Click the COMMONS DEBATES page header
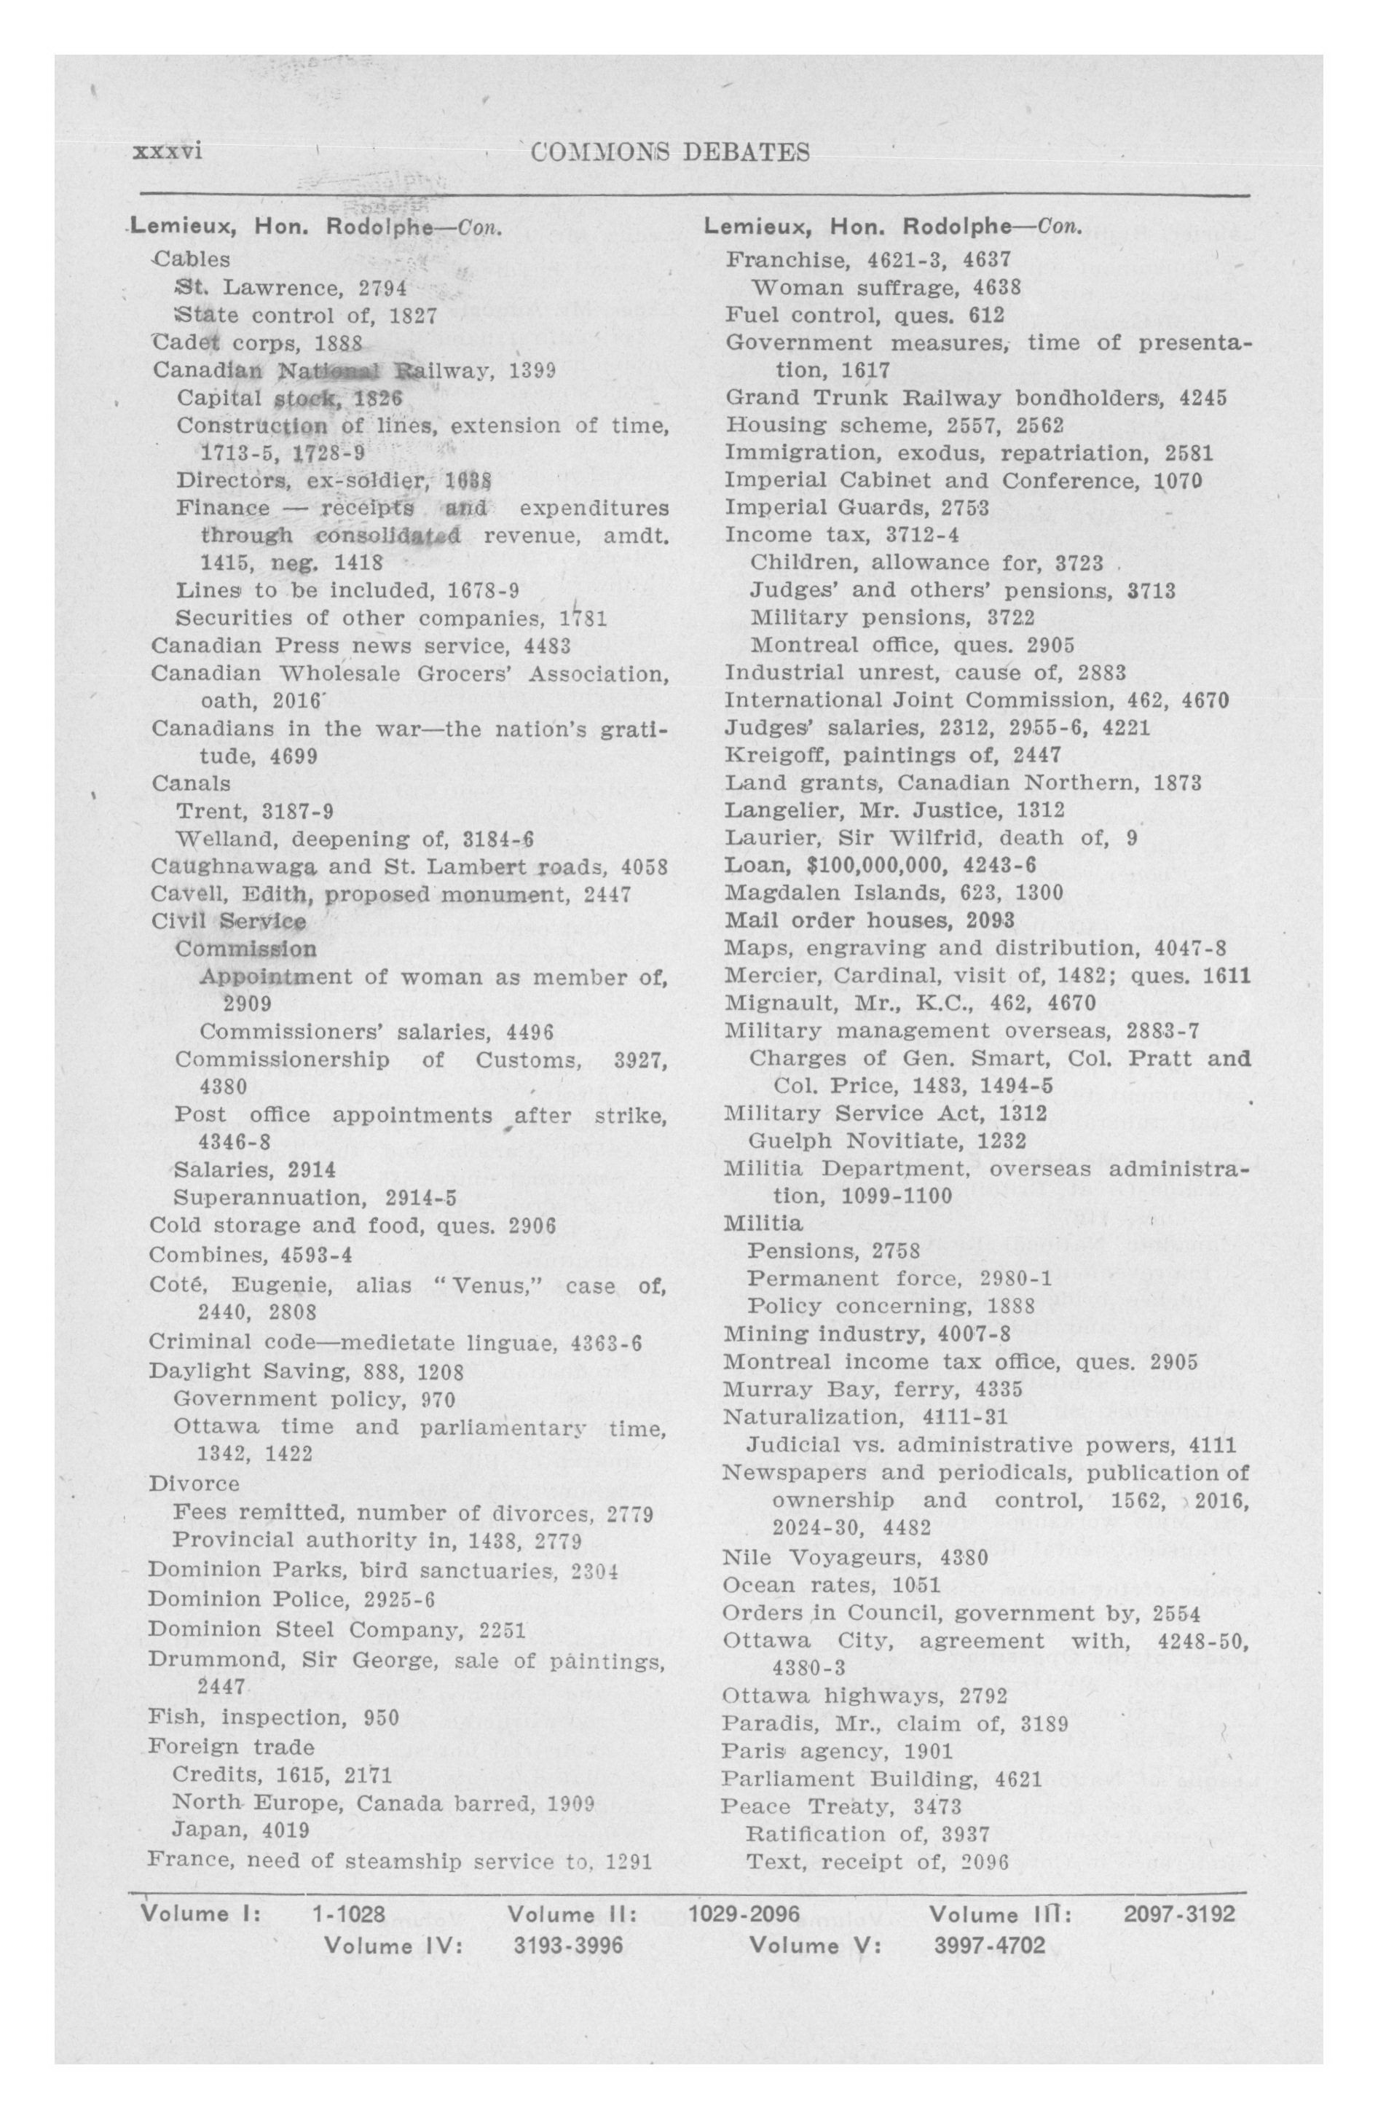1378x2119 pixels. [669, 152]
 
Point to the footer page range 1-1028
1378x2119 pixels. [348, 1914]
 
